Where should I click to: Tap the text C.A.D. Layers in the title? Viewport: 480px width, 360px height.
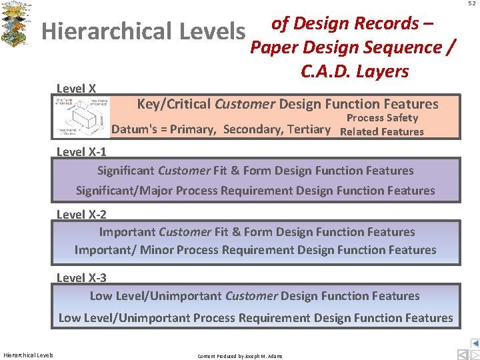point(355,71)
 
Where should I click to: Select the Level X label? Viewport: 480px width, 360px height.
point(76,89)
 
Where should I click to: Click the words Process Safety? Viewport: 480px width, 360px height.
point(382,118)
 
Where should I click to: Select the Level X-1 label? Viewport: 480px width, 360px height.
point(81,151)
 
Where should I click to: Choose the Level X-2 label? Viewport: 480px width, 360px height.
point(81,215)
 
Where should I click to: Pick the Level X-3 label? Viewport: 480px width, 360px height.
point(81,277)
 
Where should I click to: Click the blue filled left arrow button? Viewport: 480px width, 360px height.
point(475,343)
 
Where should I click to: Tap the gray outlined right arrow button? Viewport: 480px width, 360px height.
point(475,354)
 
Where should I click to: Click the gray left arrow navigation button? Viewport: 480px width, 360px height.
point(462,354)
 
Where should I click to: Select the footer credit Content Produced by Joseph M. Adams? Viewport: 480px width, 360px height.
point(240,356)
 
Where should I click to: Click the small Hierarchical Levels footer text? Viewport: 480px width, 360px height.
point(28,355)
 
